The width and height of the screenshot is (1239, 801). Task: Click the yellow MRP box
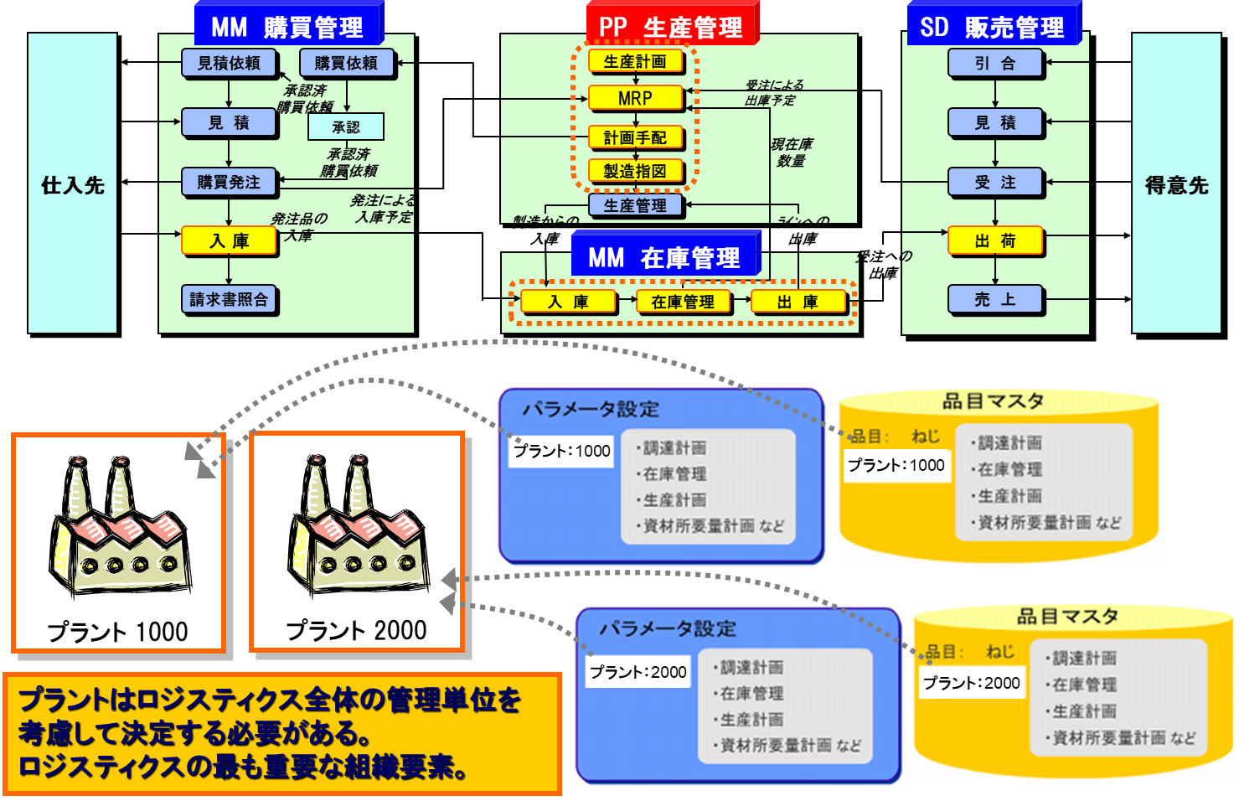pyautogui.click(x=635, y=98)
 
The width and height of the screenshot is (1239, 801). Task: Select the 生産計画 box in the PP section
pyautogui.click(x=635, y=61)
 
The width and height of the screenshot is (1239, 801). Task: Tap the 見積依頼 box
pyautogui.click(x=229, y=63)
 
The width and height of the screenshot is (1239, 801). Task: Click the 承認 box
pyautogui.click(x=345, y=127)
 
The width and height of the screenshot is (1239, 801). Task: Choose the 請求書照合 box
pyautogui.click(x=229, y=299)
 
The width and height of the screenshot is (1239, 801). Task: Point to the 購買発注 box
pyautogui.click(x=229, y=182)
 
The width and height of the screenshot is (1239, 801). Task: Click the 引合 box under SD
pyautogui.click(x=995, y=63)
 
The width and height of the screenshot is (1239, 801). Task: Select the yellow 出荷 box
pyautogui.click(x=995, y=241)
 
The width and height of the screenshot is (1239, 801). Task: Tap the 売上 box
pyautogui.click(x=995, y=299)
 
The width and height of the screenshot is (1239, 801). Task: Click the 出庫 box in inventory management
pyautogui.click(x=798, y=302)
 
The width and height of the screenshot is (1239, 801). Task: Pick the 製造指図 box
pyautogui.click(x=635, y=171)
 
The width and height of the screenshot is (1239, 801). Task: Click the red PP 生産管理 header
pyautogui.click(x=670, y=26)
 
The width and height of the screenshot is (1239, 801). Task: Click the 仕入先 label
pyautogui.click(x=73, y=185)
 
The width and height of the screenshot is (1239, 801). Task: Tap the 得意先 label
pyautogui.click(x=1176, y=185)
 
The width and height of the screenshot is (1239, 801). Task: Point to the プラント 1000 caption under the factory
pyautogui.click(x=117, y=631)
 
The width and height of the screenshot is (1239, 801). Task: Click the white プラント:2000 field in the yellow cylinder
pyautogui.click(x=971, y=683)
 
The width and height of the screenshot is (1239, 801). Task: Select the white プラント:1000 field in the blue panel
pyautogui.click(x=561, y=451)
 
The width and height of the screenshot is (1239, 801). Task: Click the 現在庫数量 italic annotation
pyautogui.click(x=791, y=152)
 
